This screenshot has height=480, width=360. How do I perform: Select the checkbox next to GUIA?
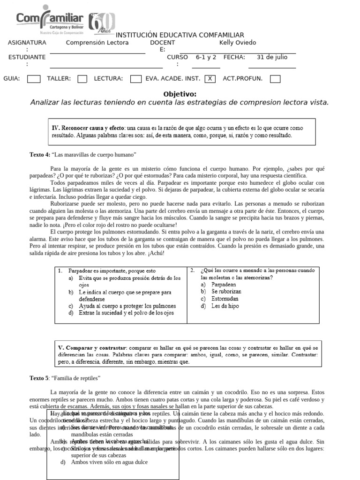pos(34,79)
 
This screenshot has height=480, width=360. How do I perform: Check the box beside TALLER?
pos(82,79)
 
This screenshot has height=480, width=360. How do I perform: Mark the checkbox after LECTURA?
pos(136,79)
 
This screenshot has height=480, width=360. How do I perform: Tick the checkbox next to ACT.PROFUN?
pos(275,79)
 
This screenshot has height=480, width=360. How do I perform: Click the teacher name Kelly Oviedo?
pos(238,43)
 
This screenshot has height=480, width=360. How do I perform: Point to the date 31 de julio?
pos(272,57)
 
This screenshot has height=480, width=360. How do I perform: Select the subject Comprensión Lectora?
pos(97,43)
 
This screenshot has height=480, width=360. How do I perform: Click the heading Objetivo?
pos(180,94)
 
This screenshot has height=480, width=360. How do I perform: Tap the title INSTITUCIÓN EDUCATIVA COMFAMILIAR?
pos(180,35)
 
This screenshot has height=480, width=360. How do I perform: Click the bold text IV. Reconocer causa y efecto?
pos(88,128)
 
